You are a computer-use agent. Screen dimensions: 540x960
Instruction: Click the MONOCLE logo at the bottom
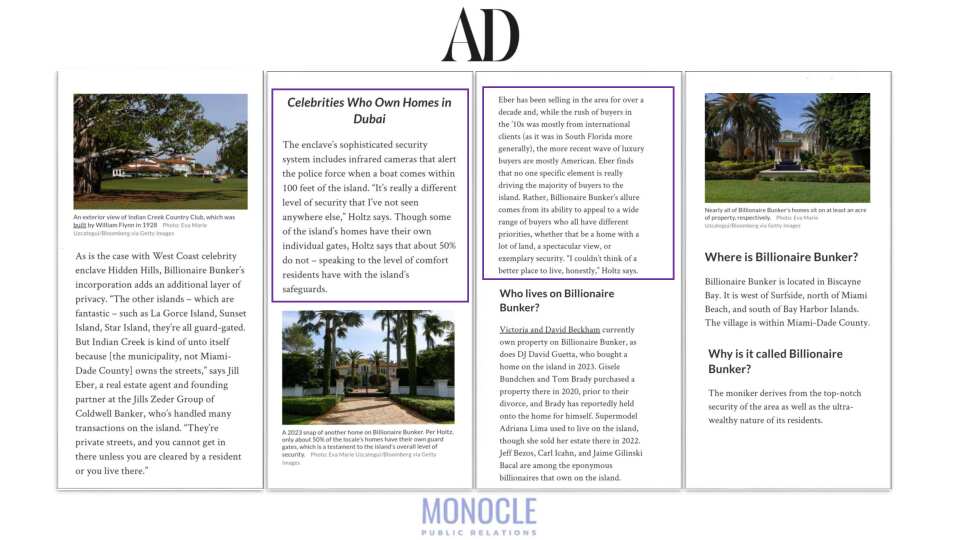(479, 511)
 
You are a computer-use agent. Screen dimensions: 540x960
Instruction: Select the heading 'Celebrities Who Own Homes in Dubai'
(369, 110)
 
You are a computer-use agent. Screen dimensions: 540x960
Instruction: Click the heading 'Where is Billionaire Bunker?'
(781, 257)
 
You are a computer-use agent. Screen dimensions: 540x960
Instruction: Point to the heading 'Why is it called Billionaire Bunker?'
(775, 361)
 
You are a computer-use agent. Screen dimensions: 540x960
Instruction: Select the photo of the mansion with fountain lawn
(787, 147)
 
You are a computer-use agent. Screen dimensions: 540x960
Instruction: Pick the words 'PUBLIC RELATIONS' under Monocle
(479, 531)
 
